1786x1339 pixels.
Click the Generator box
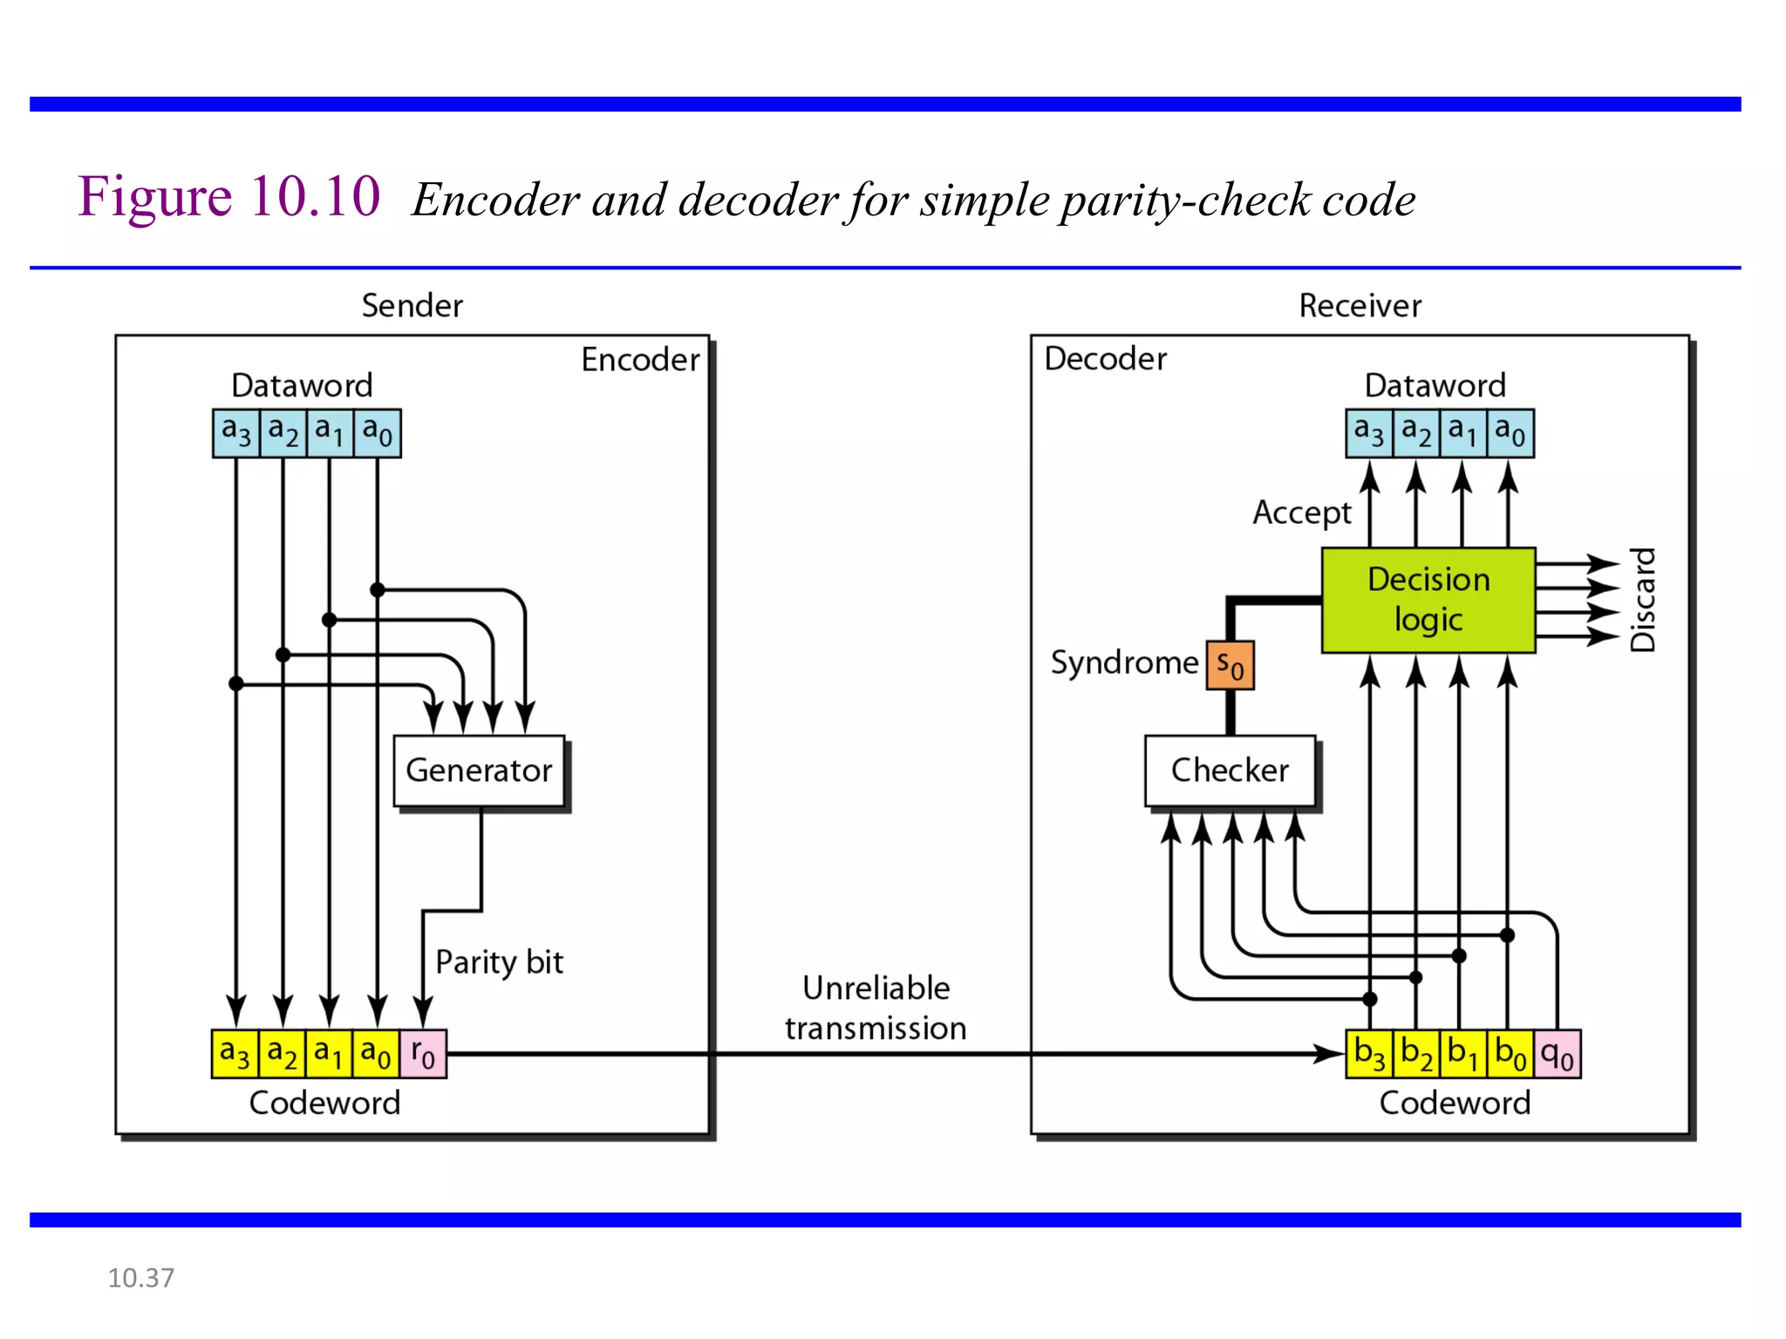[x=479, y=771]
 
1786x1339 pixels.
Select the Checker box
[x=1230, y=771]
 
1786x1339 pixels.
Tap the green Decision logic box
[x=1428, y=600]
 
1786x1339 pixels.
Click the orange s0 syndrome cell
[x=1230, y=666]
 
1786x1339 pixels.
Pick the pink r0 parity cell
[x=423, y=1054]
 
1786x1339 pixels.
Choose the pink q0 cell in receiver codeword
[x=1558, y=1054]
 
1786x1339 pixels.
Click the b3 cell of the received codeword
[x=1369, y=1054]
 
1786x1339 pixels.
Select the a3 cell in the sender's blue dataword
[x=236, y=432]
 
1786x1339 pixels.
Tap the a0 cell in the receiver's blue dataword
[x=1510, y=432]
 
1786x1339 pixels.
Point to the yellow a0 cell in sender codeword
[x=377, y=1054]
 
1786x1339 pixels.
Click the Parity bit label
[x=499, y=962]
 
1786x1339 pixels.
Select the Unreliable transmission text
[x=876, y=1009]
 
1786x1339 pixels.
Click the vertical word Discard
[x=1643, y=600]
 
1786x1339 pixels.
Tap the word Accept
[x=1301, y=513]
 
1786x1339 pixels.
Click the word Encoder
[x=640, y=359]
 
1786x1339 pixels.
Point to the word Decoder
[x=1105, y=359]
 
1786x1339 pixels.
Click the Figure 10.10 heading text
[x=229, y=196]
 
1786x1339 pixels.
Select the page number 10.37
[x=140, y=1278]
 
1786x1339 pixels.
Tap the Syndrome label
[x=1124, y=663]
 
